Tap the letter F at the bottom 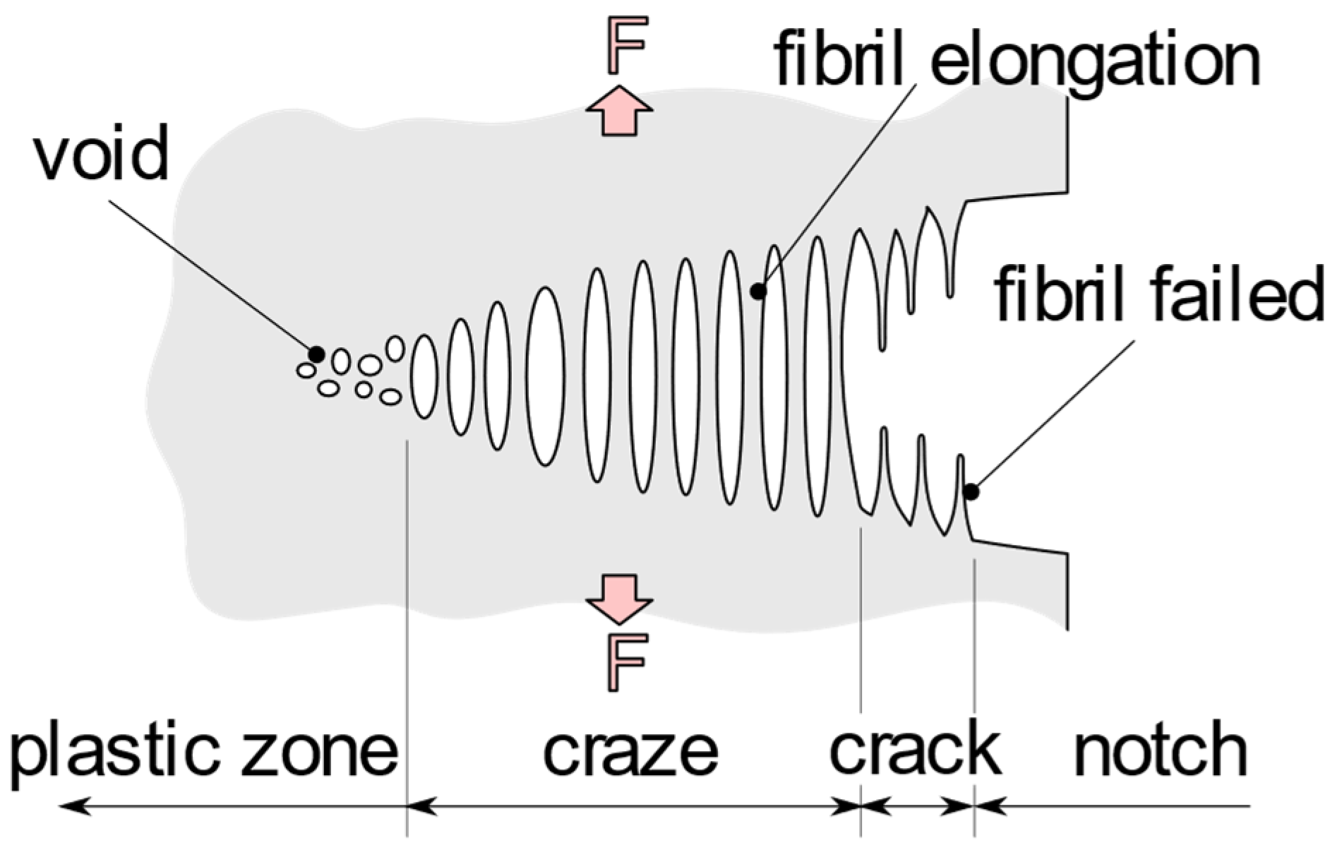625,662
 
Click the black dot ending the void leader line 316,354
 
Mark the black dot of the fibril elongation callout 757,291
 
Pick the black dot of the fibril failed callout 971,492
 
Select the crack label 915,748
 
